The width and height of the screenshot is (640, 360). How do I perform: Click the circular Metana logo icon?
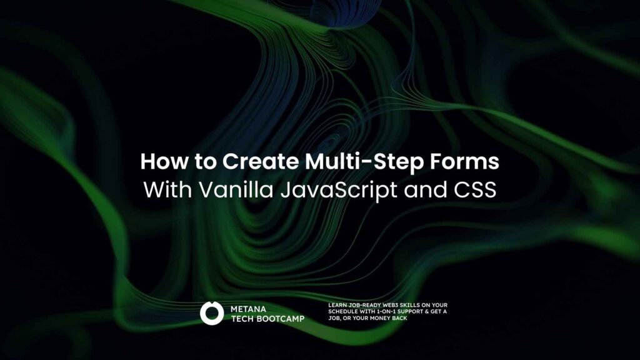click(212, 313)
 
